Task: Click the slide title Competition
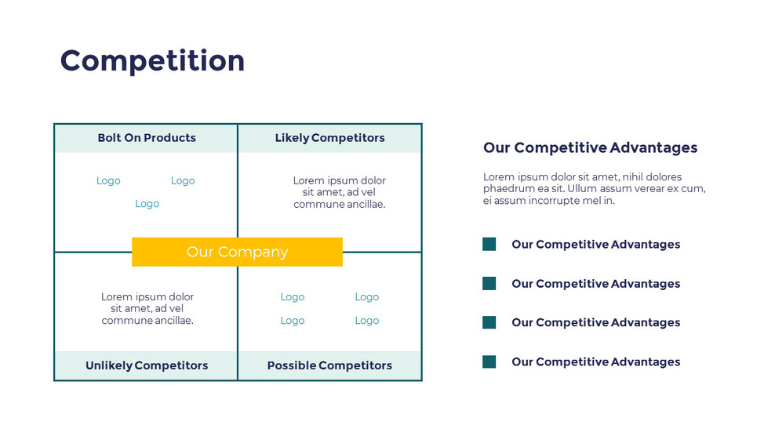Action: pos(152,61)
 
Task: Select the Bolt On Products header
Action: pos(147,138)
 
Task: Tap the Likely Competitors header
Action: pos(329,138)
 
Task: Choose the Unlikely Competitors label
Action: pos(147,365)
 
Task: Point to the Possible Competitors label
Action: pos(329,365)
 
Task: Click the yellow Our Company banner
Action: pos(237,252)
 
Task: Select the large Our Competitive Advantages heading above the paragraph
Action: pos(590,147)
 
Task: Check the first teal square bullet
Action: pos(489,245)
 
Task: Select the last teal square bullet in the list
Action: pos(489,362)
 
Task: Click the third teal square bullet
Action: pos(489,322)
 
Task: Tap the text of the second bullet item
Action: pos(595,284)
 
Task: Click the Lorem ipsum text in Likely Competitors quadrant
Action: pos(339,192)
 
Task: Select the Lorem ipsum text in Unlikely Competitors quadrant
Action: pos(147,308)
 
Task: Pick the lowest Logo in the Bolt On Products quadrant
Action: pos(147,204)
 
